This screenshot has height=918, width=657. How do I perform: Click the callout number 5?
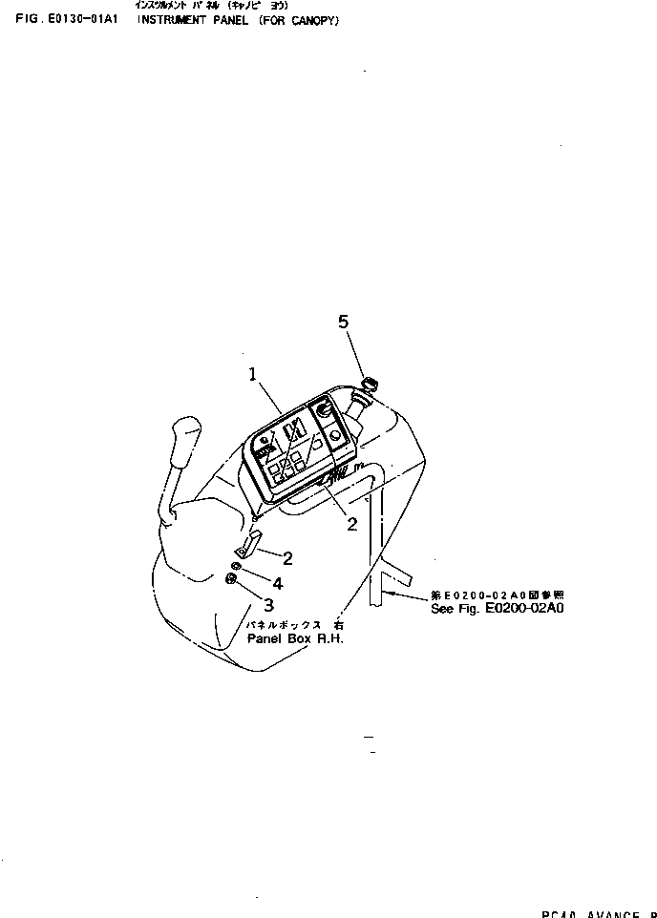click(x=344, y=323)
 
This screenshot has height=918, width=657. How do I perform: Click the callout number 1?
click(x=254, y=376)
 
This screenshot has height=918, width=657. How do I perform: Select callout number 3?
click(x=268, y=604)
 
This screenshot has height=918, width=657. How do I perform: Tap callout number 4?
click(x=277, y=582)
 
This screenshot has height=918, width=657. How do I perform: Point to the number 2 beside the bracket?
click(x=287, y=558)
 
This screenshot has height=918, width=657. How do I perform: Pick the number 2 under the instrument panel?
click(x=351, y=523)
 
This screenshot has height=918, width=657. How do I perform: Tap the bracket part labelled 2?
click(x=247, y=546)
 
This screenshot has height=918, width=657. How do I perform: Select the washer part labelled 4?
click(x=235, y=566)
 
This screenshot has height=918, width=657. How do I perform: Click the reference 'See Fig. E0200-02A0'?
click(x=498, y=609)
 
